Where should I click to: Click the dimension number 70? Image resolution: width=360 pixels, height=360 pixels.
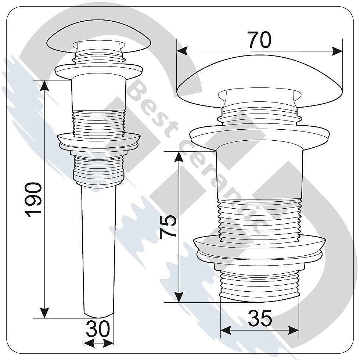[x=260, y=40]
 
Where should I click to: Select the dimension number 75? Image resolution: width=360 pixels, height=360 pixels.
[x=168, y=227]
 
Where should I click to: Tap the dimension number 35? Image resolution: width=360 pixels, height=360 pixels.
[x=260, y=318]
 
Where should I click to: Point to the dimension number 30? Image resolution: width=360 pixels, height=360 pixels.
[x=98, y=329]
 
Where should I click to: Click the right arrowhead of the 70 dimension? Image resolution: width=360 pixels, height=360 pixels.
[x=337, y=51]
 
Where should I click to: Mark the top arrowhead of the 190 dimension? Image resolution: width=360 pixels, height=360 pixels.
[x=44, y=85]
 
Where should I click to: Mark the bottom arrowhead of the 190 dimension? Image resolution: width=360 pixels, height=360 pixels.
[x=44, y=313]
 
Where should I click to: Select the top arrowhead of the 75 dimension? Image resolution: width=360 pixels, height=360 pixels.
[x=179, y=157]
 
